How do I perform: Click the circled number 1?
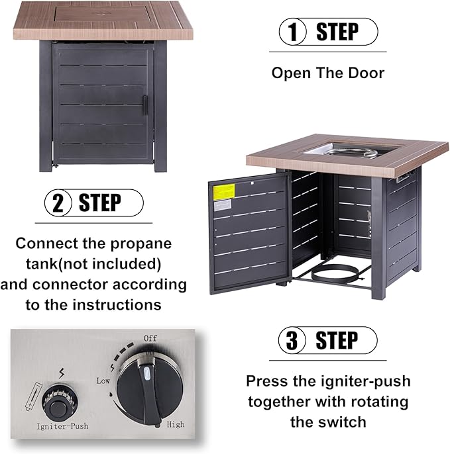(292, 32)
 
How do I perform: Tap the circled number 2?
(58, 203)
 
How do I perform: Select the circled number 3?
(292, 340)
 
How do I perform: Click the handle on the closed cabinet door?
(145, 105)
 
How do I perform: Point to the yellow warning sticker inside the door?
(224, 192)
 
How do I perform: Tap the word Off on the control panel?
(150, 338)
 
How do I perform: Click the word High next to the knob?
(176, 424)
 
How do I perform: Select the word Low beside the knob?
(103, 381)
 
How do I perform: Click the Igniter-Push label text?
(62, 426)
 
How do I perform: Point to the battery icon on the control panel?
(34, 396)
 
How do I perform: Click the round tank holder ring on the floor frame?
(336, 274)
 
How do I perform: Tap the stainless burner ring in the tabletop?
(353, 152)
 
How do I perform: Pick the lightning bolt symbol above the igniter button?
(62, 373)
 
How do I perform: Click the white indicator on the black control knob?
(146, 373)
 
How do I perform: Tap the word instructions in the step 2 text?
(117, 305)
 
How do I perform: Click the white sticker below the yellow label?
(223, 205)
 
